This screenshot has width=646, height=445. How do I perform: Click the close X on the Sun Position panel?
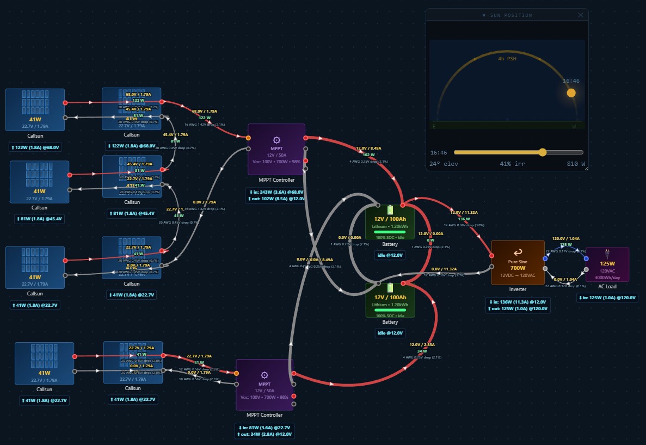pos(580,15)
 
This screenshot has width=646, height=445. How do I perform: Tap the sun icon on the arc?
pos(571,92)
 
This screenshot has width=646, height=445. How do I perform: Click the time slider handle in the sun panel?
pos(543,152)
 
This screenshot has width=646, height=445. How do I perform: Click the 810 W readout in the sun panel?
pos(575,163)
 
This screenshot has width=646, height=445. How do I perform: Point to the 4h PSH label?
pos(508,58)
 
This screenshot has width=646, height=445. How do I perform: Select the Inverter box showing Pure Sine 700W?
pos(518,262)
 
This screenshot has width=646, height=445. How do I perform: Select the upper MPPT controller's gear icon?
pos(276,140)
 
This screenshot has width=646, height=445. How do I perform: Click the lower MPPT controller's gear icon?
pos(264,375)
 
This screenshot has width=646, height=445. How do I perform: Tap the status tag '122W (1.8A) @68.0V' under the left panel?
pos(35,147)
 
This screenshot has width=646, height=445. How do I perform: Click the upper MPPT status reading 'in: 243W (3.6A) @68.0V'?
pos(276,192)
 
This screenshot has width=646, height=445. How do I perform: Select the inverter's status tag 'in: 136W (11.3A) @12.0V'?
pos(518,301)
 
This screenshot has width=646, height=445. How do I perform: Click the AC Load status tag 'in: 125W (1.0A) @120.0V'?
pos(607,298)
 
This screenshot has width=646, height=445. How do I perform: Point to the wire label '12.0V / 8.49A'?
pos(368,148)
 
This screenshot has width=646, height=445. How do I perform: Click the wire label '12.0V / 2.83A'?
pos(422,344)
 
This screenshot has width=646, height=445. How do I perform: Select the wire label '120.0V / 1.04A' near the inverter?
pos(566,238)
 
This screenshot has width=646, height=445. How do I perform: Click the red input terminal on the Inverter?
pos(492,255)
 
